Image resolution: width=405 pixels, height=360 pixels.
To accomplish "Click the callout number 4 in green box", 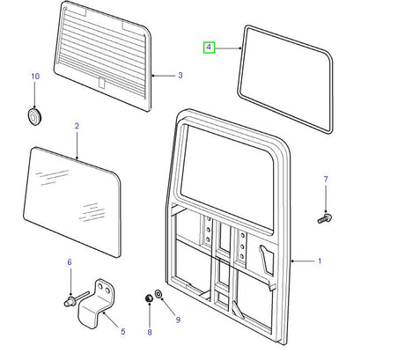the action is (x=209, y=48).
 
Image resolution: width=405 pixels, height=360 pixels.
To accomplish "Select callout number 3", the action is (x=180, y=76).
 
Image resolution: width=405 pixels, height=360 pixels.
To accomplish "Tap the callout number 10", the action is (x=35, y=77).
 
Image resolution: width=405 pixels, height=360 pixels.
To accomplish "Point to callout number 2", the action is (x=77, y=126).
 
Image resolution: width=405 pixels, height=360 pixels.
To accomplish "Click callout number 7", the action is (x=326, y=179).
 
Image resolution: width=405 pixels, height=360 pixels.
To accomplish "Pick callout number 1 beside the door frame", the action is (x=320, y=261).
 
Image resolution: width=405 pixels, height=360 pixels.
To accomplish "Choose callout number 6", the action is (x=70, y=262).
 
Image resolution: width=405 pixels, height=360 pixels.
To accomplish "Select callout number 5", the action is (x=123, y=332).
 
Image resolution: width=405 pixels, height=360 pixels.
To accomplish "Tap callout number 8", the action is (x=150, y=332).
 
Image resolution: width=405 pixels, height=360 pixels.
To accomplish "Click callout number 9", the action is (x=178, y=320).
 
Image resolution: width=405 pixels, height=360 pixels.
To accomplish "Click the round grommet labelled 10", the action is (x=34, y=116).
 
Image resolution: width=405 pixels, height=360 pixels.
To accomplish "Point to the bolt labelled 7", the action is (x=325, y=218).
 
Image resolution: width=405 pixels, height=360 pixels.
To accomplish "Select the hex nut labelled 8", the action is (x=149, y=298).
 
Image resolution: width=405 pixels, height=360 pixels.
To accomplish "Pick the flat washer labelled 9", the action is (x=157, y=292).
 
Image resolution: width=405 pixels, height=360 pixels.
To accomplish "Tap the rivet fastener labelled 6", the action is (x=76, y=298).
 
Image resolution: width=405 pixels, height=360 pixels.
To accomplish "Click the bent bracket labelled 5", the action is (x=97, y=304).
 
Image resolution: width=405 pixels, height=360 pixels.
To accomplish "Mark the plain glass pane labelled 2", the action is (x=72, y=202).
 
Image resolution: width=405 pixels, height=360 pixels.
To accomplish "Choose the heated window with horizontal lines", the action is (x=103, y=55).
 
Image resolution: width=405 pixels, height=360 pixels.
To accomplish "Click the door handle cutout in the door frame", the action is (x=266, y=260).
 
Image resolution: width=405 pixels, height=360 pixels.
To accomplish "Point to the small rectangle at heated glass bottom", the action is (x=101, y=82).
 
